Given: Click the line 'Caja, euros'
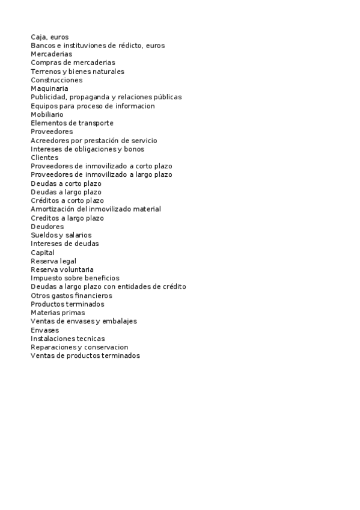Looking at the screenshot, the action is (49, 37).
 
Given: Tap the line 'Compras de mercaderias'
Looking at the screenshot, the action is (73, 63).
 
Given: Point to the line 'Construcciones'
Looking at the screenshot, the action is (56, 80).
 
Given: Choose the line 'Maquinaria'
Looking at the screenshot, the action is (49, 88).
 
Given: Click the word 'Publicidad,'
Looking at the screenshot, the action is (49, 97).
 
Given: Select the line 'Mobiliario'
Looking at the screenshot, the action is (47, 114).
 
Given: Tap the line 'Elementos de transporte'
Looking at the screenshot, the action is (72, 123).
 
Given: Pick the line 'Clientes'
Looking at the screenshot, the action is (44, 158).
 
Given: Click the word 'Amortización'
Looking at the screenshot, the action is (52, 209).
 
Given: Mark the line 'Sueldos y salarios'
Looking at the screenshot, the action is (61, 235).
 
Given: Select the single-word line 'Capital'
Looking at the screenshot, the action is (43, 253).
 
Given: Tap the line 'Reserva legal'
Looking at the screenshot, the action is (53, 261).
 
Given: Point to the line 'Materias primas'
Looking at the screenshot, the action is (58, 313).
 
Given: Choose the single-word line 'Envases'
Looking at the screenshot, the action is (44, 330).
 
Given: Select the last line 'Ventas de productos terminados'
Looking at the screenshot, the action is (85, 356).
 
